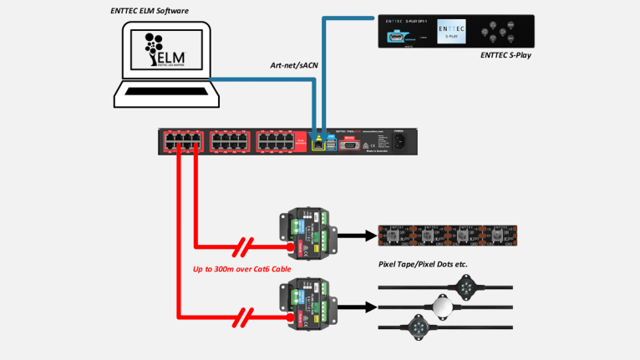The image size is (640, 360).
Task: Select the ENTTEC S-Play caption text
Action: pyautogui.click(x=504, y=55)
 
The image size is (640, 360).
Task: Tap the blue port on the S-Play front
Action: pyautogui.click(x=395, y=35)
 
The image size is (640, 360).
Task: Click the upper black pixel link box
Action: pyautogui.click(x=307, y=236)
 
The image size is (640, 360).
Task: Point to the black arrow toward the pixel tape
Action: pyautogui.click(x=354, y=236)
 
